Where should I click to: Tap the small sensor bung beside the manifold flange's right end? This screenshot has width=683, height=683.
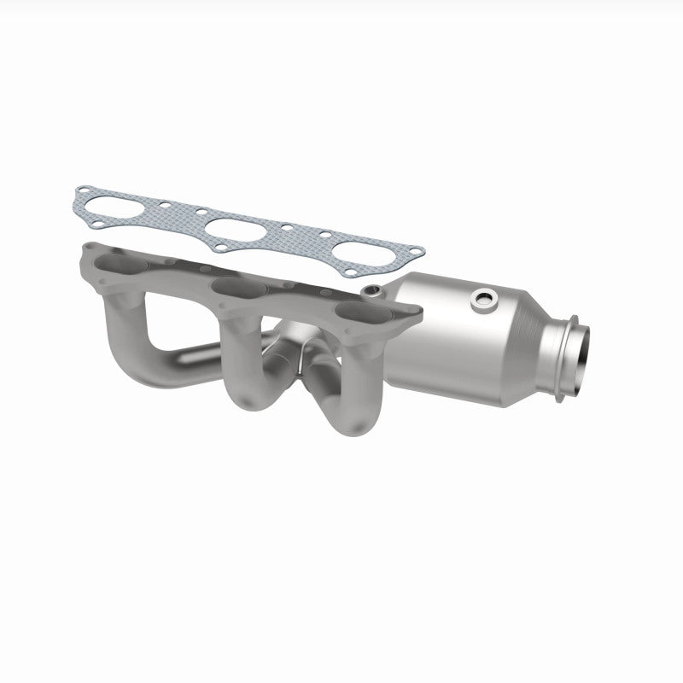point(371,293)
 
